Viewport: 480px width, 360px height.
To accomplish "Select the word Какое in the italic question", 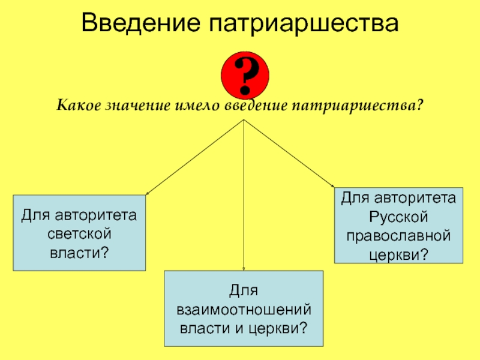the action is click(79, 106).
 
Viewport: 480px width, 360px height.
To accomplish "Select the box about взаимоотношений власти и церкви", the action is click(244, 308).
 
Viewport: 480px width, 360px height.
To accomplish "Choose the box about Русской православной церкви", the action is click(398, 225).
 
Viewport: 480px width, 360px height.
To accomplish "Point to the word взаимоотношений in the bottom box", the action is click(244, 309).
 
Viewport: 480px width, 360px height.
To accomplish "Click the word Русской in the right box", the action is click(398, 214).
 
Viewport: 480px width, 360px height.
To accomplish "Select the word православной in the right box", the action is click(398, 234).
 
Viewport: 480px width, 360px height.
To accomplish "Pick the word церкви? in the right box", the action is click(398, 253).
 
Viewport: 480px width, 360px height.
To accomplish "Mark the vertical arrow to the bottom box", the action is click(244, 198).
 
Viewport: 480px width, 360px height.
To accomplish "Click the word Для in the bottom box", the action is click(244, 290).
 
